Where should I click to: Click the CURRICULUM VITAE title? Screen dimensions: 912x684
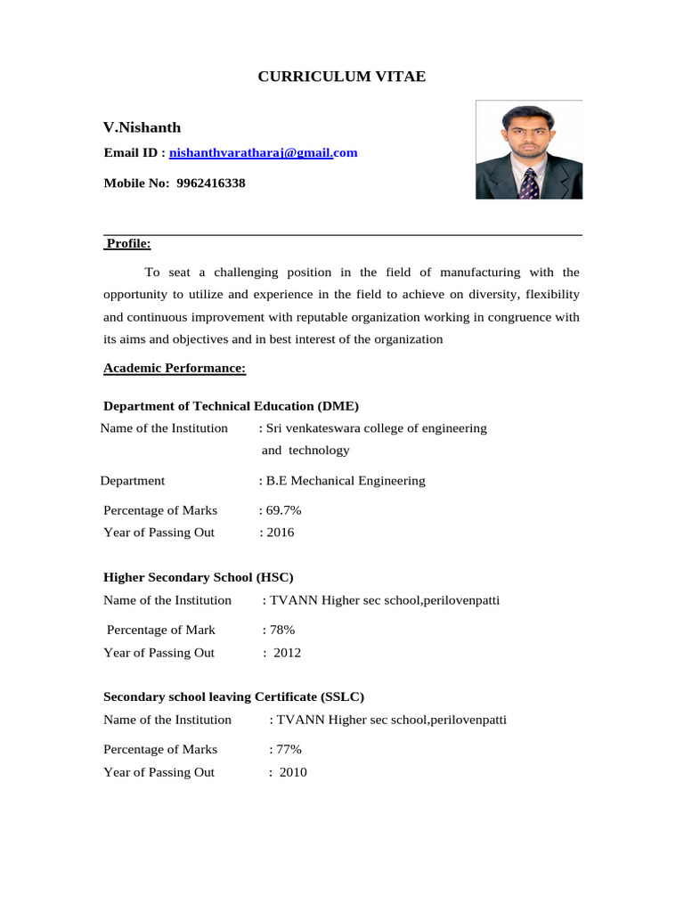(342, 77)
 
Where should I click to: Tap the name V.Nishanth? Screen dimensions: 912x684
(142, 127)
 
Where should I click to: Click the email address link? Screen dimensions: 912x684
(264, 153)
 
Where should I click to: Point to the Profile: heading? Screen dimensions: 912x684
(128, 244)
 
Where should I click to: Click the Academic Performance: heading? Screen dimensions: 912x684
(175, 368)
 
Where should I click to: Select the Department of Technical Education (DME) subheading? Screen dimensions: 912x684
(232, 406)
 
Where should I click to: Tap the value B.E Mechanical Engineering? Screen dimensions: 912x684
(345, 481)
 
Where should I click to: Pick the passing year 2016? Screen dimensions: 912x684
(280, 533)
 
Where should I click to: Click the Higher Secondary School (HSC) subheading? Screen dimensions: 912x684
(199, 577)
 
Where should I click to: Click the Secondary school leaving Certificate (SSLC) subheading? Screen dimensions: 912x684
(234, 696)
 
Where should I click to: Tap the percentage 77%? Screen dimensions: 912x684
(287, 749)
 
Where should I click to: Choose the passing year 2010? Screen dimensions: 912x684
(292, 772)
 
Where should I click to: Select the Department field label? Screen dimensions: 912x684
(133, 481)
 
